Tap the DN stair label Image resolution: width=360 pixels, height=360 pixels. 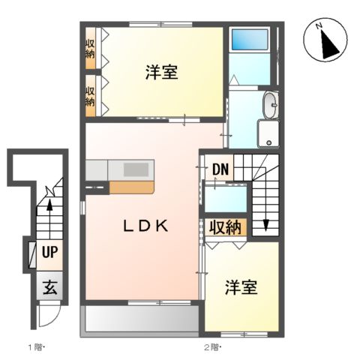[x=219, y=169]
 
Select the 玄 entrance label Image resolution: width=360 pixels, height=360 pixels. [x=49, y=287]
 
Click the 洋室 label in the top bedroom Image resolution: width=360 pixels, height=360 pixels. [x=161, y=73]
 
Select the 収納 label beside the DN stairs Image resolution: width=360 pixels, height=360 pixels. [x=223, y=226]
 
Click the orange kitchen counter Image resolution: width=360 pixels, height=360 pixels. [x=132, y=187]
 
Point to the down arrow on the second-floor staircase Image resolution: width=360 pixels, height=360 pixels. [x=265, y=223]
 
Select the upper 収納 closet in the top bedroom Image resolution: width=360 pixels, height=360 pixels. [x=90, y=46]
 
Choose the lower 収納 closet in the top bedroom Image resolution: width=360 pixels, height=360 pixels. [x=90, y=95]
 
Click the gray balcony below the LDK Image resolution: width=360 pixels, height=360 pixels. [x=141, y=318]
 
